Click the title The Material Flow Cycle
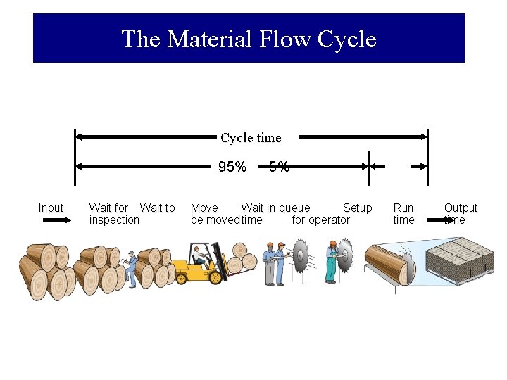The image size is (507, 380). pyautogui.click(x=249, y=39)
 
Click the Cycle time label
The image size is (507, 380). pyautogui.click(x=250, y=138)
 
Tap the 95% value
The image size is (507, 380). pyautogui.click(x=232, y=167)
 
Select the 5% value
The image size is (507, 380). pyautogui.click(x=279, y=167)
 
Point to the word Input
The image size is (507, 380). pyautogui.click(x=51, y=208)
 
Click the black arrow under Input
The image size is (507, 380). pyautogui.click(x=57, y=220)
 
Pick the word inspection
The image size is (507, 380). pyautogui.click(x=114, y=220)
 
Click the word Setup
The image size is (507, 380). pyautogui.click(x=357, y=208)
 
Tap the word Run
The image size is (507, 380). pyautogui.click(x=403, y=208)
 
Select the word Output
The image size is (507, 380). pyautogui.click(x=461, y=208)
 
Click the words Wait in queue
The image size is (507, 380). pyautogui.click(x=275, y=208)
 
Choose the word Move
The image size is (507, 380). pyautogui.click(x=204, y=208)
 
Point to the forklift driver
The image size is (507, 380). pyautogui.click(x=199, y=255)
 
